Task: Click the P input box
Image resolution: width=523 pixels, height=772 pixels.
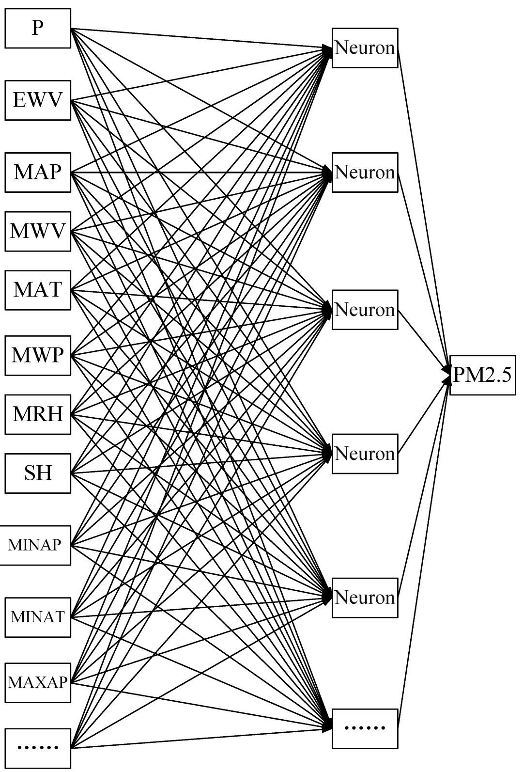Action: [x=38, y=28]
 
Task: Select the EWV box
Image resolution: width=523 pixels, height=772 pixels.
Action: [x=38, y=100]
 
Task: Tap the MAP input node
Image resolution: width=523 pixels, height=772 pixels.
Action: [x=38, y=172]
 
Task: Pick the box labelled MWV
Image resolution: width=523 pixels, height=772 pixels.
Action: [x=38, y=231]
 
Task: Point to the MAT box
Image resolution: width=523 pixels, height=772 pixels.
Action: [x=38, y=290]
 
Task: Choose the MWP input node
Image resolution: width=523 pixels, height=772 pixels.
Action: [x=38, y=355]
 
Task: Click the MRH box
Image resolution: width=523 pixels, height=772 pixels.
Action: [x=38, y=414]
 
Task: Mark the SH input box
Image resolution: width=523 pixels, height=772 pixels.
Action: [x=38, y=473]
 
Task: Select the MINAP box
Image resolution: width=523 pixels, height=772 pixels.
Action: [x=35, y=545]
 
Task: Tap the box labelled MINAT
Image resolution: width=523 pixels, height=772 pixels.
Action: [x=38, y=617]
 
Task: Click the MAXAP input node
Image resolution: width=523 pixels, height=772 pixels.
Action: [x=38, y=682]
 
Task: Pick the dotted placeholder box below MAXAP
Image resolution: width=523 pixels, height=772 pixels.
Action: [x=38, y=747]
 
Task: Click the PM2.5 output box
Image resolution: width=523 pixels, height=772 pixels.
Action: [x=482, y=375]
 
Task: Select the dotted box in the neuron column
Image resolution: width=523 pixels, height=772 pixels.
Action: [x=365, y=728]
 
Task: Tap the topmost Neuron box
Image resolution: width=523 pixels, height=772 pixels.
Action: [x=365, y=48]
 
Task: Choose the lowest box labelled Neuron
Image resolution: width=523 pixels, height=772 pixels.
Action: [x=365, y=597]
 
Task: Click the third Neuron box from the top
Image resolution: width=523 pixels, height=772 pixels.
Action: [x=365, y=310]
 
